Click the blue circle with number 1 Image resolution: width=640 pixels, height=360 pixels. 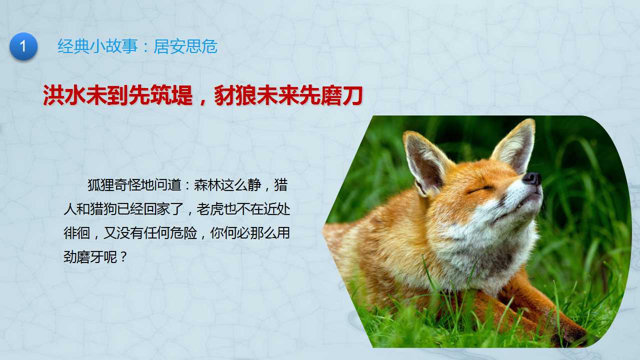(24, 46)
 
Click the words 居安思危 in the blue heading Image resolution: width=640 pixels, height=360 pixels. (186, 46)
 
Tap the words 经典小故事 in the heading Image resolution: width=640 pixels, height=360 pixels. (98, 46)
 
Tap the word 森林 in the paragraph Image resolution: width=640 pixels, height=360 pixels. (208, 185)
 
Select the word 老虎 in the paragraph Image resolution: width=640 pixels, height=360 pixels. (210, 209)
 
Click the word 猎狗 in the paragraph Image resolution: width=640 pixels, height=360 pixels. (104, 209)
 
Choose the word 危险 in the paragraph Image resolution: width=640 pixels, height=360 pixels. (184, 233)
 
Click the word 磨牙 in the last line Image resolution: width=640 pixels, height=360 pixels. (90, 257)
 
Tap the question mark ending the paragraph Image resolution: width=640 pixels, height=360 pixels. (124, 257)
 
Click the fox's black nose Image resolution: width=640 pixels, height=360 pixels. (532, 179)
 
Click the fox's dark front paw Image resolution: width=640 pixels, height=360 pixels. (568, 337)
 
